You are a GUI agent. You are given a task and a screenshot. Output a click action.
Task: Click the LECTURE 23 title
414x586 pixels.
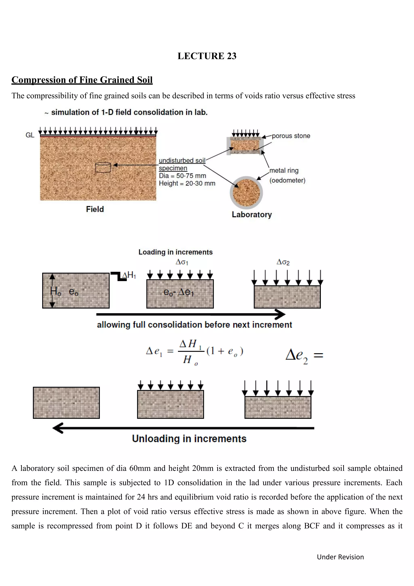click(207, 56)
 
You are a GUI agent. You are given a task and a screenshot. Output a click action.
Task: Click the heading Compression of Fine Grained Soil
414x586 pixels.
click(82, 80)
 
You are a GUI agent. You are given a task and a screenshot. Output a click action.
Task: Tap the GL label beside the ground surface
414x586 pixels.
click(30, 135)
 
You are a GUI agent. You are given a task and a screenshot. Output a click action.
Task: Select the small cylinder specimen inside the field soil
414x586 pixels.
click(103, 167)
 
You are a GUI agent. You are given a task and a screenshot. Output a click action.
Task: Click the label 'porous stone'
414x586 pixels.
click(291, 136)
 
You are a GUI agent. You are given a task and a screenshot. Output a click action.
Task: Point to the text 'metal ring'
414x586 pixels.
click(284, 171)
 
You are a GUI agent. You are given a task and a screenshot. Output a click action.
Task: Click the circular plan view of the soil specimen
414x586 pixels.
click(246, 192)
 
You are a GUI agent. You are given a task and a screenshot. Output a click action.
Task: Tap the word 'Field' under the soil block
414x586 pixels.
click(95, 209)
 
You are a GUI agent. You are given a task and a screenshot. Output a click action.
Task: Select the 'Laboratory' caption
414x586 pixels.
click(252, 215)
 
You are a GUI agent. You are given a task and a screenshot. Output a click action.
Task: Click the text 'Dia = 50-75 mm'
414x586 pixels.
click(182, 176)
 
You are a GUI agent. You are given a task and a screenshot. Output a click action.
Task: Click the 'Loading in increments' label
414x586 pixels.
click(175, 252)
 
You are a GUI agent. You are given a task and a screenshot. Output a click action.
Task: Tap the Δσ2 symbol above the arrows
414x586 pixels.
click(283, 262)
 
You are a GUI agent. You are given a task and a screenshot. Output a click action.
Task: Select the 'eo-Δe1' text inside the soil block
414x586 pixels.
click(179, 292)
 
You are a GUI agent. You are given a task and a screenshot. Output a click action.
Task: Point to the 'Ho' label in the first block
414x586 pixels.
click(56, 291)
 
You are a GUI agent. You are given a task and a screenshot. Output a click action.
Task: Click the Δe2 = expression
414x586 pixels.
click(304, 356)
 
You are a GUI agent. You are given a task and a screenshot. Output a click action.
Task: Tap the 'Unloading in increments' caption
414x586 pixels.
click(189, 439)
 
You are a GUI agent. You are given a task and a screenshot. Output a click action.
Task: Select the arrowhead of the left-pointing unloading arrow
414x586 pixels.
click(58, 428)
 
